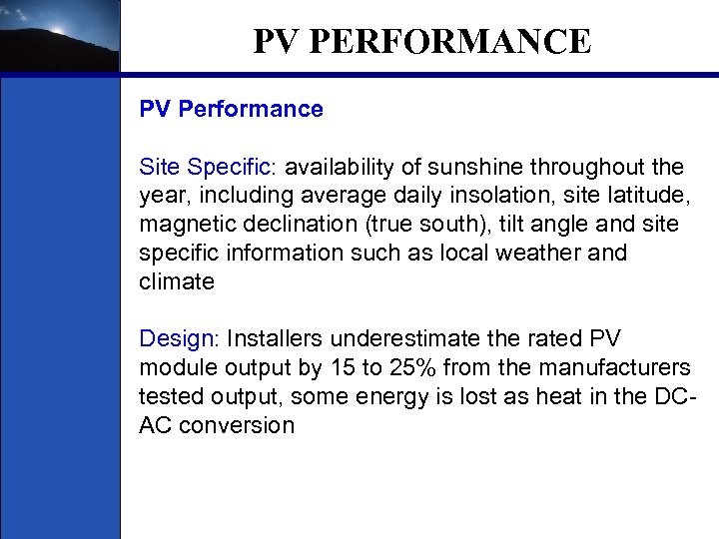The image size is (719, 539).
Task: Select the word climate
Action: click(x=177, y=281)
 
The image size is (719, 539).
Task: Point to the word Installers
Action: click(x=275, y=339)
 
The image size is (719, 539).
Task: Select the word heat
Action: click(x=527, y=397)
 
